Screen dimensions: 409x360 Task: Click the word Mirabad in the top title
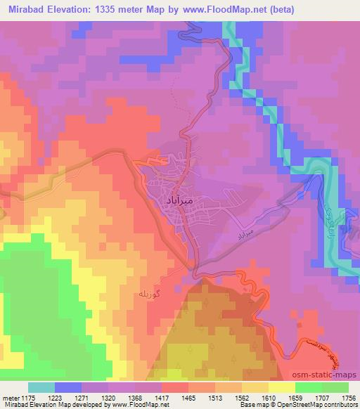pyautogui.click(x=28, y=10)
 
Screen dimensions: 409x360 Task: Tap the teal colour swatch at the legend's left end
pyautogui.click(x=41, y=387)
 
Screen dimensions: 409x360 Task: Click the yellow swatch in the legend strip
pyautogui.click(x=281, y=387)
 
